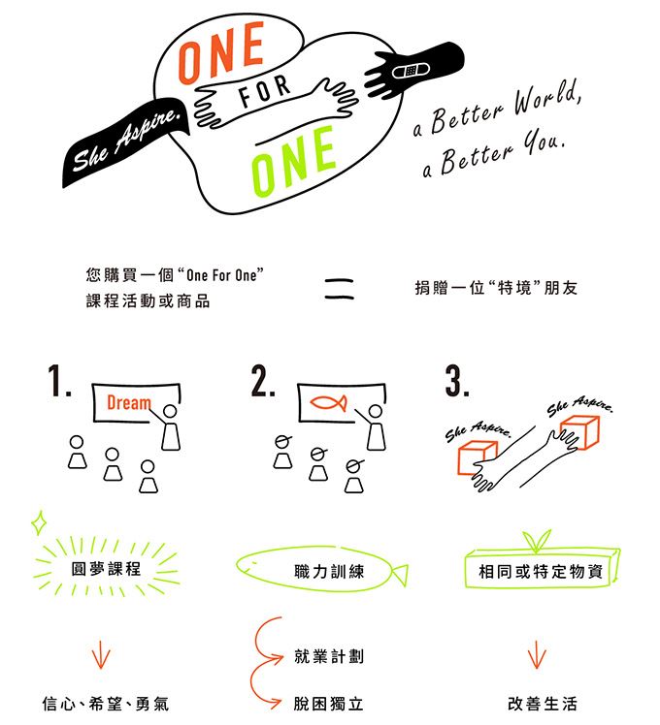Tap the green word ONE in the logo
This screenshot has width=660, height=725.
293,161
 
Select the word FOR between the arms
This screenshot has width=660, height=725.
264,91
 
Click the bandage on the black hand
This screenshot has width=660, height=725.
412,71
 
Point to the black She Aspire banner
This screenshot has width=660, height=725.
125,142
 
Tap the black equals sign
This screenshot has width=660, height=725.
339,290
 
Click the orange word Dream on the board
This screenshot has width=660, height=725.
129,403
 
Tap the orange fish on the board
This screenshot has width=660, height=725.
328,403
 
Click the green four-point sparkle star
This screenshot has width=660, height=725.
40,522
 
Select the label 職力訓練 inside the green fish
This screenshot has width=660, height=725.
329,572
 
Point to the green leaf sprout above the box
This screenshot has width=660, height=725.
537,540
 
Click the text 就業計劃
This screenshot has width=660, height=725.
329,656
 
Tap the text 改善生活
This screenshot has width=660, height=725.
543,704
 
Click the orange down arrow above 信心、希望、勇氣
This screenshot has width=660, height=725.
101,654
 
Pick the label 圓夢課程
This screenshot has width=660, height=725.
106,569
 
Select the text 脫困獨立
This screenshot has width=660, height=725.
328,704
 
